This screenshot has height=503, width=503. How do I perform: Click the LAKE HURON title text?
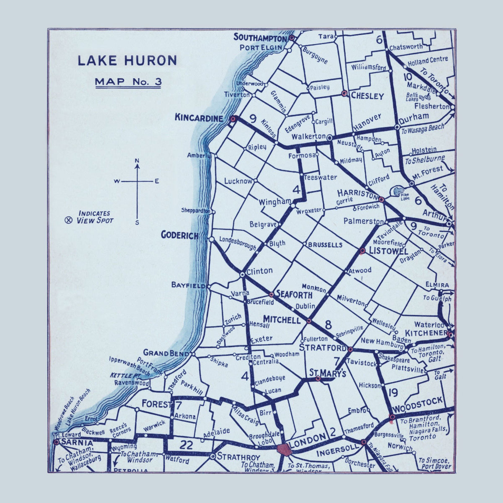127,61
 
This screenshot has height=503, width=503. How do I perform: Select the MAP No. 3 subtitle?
128,81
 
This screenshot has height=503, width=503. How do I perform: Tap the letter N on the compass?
137,161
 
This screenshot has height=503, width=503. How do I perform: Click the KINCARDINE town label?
199,119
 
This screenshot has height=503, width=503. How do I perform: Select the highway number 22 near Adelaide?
183,445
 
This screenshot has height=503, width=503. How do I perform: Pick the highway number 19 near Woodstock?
393,392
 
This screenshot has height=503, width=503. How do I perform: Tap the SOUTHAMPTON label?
260,37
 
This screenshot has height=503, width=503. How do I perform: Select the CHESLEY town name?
367,96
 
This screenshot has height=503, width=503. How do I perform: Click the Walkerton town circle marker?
330,137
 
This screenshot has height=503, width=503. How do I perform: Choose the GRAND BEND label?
166,353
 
